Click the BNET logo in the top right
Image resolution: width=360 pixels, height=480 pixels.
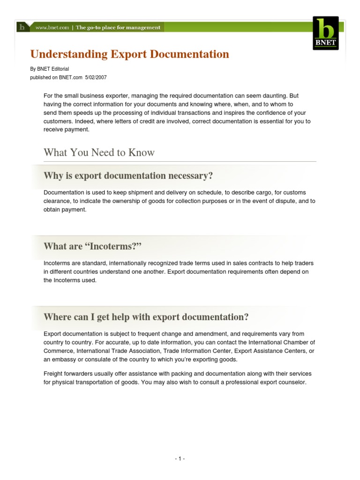[x=325, y=33]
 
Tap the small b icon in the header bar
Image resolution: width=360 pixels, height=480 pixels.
[x=22, y=27]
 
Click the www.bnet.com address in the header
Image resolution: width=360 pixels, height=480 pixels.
[x=51, y=28]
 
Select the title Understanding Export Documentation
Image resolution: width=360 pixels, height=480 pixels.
[x=130, y=54]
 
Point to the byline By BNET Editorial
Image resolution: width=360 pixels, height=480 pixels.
[x=49, y=69]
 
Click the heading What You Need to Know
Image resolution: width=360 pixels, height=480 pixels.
[x=99, y=152]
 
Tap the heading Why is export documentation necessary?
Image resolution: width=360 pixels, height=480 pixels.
[x=128, y=176]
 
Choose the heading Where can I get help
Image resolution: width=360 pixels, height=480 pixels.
[x=146, y=317]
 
